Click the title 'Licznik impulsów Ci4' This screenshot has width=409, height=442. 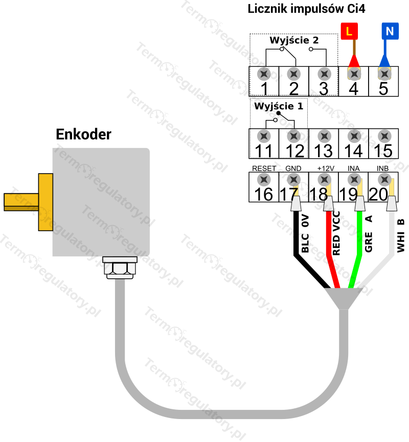point(306,9)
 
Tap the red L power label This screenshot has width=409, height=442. point(349,31)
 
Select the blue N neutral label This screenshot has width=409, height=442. point(390,31)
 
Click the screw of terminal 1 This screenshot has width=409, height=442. point(264,73)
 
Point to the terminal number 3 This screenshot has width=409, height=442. point(323,89)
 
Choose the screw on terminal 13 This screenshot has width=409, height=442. point(323,136)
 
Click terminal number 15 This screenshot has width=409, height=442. point(383,151)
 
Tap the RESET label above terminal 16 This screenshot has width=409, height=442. point(264,168)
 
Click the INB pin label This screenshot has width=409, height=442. point(383,168)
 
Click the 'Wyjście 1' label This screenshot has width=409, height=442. point(279,106)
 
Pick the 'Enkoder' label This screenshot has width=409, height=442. point(83,134)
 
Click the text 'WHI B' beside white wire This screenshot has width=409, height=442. point(401,235)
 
